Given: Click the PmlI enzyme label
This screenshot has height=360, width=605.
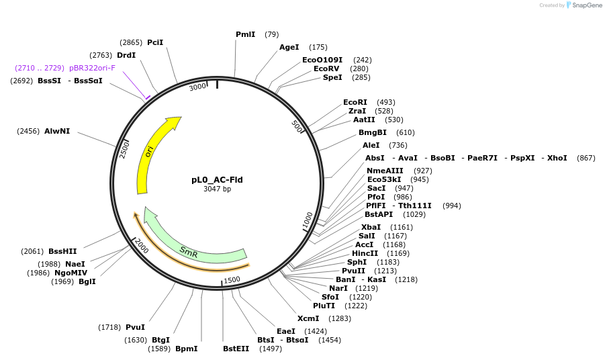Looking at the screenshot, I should point(245,34).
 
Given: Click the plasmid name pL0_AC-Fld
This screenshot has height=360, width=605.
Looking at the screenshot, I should point(217,180).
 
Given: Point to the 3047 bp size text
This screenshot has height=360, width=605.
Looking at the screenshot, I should point(217,189).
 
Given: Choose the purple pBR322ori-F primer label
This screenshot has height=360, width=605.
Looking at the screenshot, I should point(92,68).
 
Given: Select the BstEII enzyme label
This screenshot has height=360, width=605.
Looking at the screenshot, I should point(236,349).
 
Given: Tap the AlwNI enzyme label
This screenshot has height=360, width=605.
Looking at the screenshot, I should point(57,131).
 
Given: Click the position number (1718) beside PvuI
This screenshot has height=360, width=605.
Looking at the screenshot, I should point(109,327).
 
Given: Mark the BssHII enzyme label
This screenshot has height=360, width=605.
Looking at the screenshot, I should point(62,251).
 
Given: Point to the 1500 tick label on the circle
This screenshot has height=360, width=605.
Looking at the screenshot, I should point(232,280).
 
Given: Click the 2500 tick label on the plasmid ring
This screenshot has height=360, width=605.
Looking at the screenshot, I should point(124,149).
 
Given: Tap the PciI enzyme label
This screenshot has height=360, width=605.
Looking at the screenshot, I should point(155,42).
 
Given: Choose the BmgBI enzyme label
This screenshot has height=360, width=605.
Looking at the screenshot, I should point(373,132).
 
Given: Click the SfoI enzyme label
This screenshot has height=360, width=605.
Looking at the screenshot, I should point(330,297).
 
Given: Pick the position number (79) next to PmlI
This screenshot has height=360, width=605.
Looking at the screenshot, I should point(271,34).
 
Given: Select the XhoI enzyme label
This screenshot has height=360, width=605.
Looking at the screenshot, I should point(557,158).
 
